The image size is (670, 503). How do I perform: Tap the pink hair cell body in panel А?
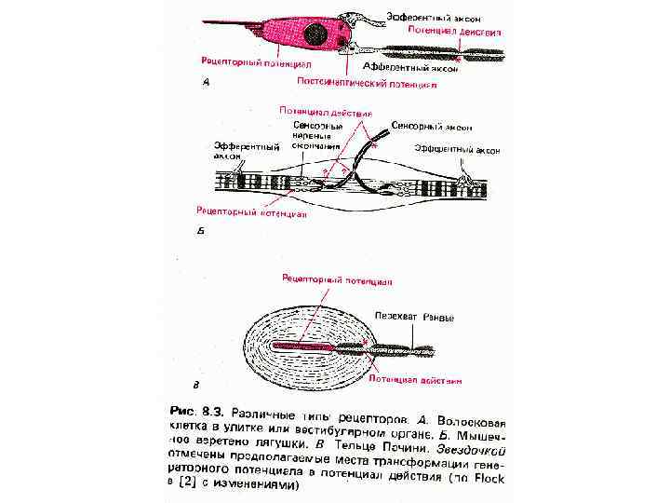coord(288,37)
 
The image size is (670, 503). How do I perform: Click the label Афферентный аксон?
coord(409,68)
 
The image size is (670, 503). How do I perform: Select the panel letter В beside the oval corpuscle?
coord(194,383)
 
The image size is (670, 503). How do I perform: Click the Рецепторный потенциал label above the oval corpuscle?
coord(339,279)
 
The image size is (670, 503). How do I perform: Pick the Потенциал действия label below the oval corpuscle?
coord(415,380)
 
